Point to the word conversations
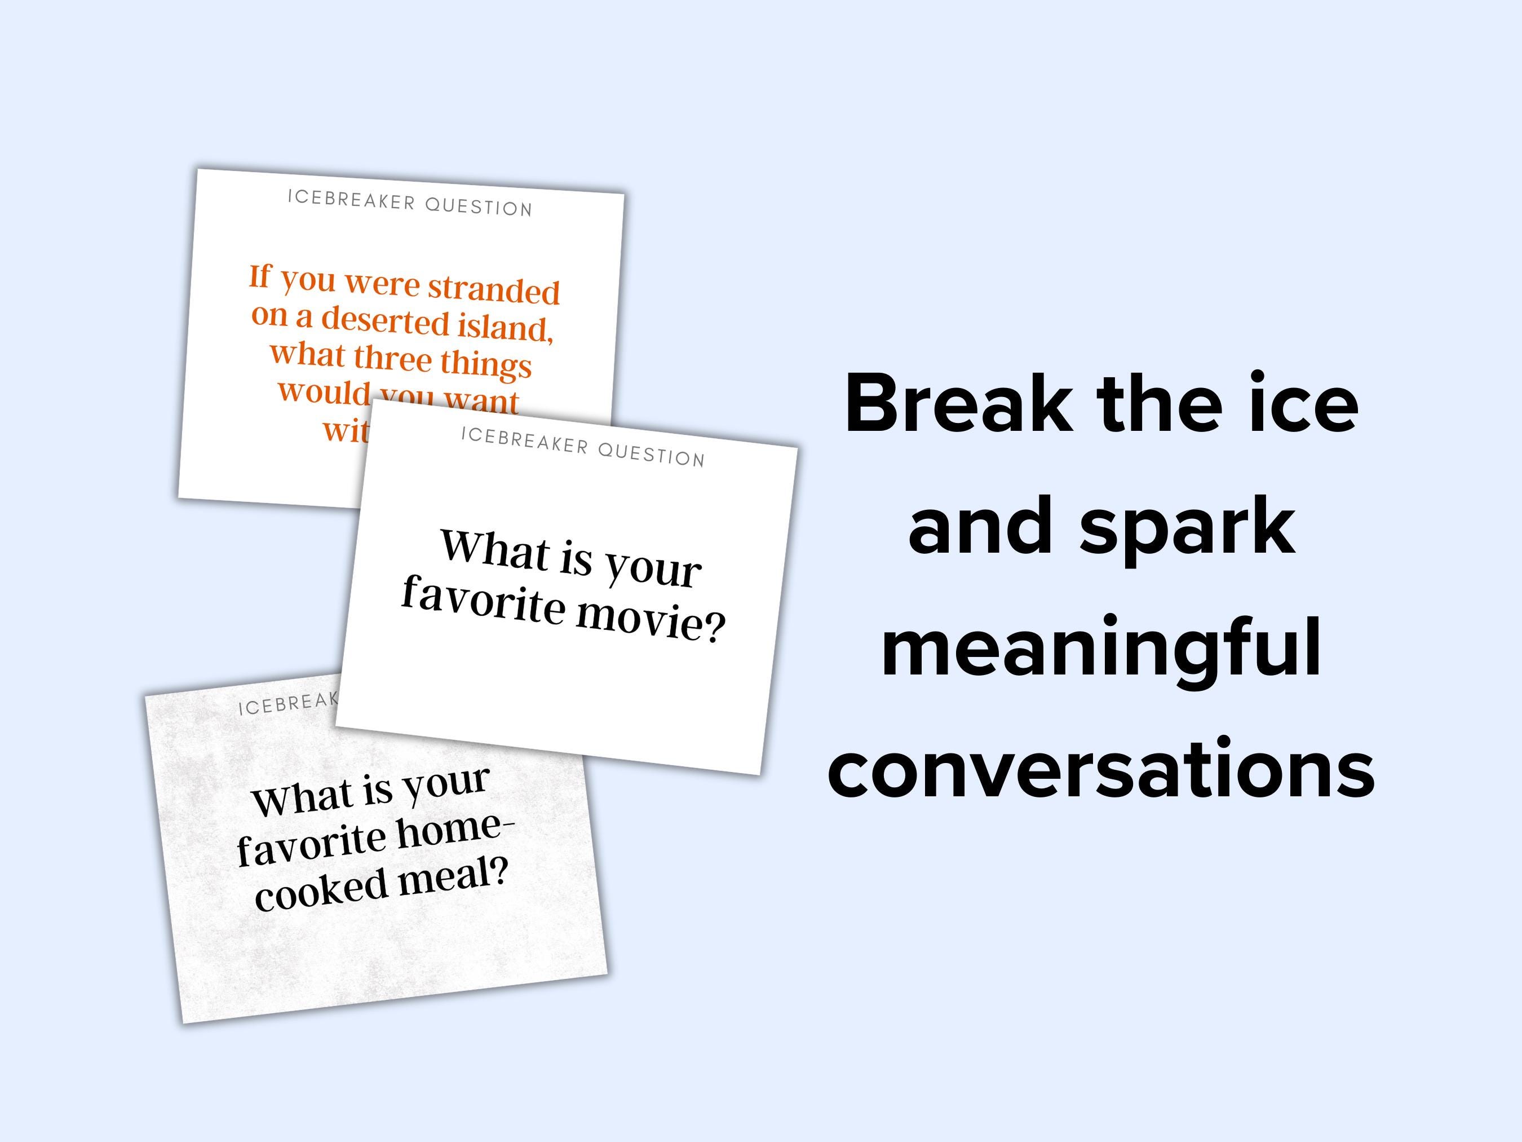pyautogui.click(x=1101, y=768)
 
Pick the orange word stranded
pyautogui.click(x=494, y=290)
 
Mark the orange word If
pyautogui.click(x=260, y=276)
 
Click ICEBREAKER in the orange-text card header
pyautogui.click(x=351, y=200)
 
